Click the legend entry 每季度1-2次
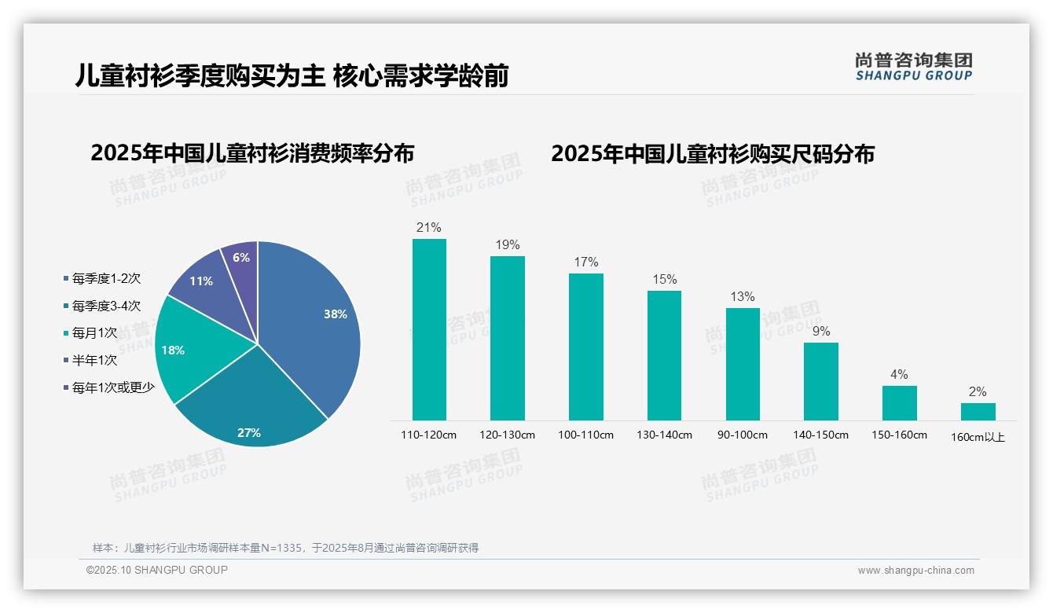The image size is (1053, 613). (x=106, y=279)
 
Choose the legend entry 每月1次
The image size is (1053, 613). (x=94, y=333)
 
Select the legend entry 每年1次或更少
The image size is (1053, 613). (x=112, y=387)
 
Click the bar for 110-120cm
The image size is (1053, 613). (x=429, y=330)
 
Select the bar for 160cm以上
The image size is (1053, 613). (x=978, y=412)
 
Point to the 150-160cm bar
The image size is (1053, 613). (x=899, y=403)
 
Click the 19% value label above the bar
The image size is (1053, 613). (x=508, y=245)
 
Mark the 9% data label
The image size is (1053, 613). (x=821, y=332)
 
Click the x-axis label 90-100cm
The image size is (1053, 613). (x=743, y=435)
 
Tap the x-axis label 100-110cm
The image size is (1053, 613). (x=585, y=435)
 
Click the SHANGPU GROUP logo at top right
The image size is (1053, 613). (x=913, y=67)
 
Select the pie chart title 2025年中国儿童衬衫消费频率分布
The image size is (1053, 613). (x=252, y=153)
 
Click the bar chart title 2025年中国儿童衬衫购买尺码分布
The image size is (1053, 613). (x=712, y=154)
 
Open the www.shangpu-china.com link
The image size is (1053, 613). (x=915, y=571)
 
